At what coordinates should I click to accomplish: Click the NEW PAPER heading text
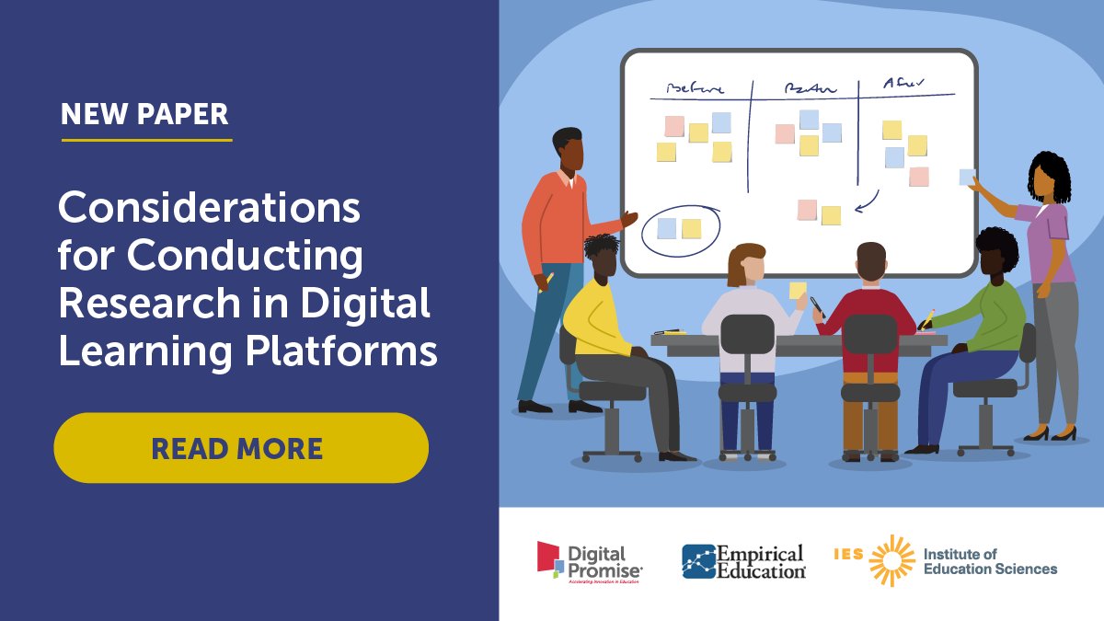point(145,114)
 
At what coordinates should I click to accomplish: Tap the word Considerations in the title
point(209,209)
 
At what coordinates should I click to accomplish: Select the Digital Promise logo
point(590,560)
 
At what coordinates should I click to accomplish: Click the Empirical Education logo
point(743,561)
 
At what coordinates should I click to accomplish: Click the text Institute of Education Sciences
point(990,561)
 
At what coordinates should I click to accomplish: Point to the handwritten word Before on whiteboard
point(696,88)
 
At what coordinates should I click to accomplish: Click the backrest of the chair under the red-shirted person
point(869,335)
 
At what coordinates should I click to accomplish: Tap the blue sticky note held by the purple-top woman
point(967,177)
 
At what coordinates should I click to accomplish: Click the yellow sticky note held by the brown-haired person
point(798,290)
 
